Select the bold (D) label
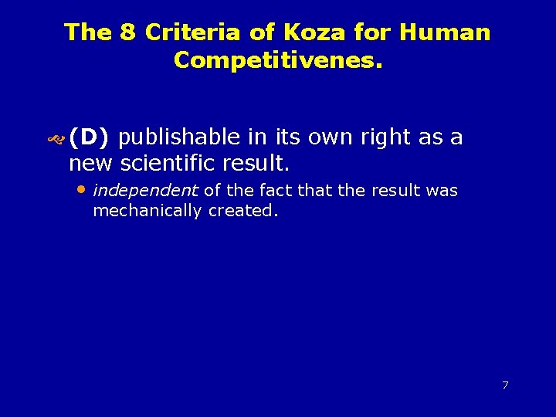[90, 137]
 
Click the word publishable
[180, 137]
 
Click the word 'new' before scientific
[90, 164]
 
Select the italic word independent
[145, 190]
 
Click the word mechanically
[147, 210]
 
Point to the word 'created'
[242, 210]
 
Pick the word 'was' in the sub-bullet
[442, 190]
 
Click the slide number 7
[505, 385]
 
